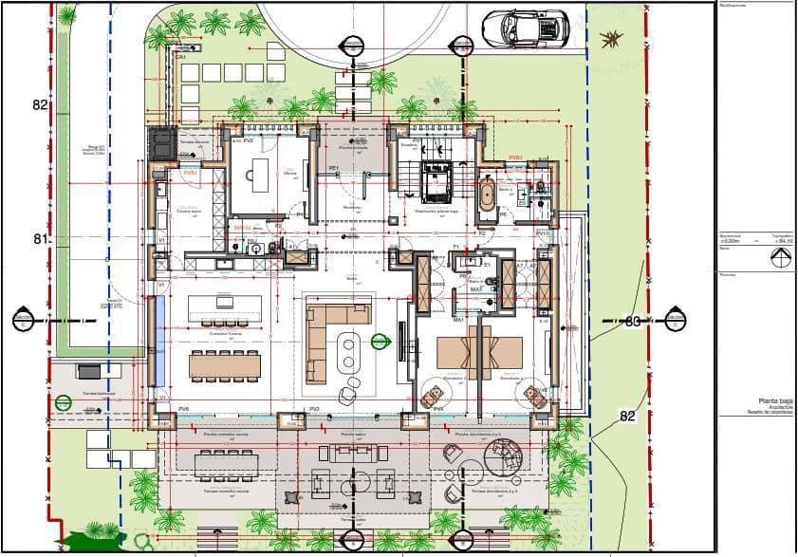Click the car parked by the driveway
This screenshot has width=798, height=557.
(525, 28)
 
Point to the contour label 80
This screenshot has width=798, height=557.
(633, 322)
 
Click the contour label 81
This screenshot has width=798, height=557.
(40, 239)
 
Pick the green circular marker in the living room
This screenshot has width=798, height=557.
(381, 341)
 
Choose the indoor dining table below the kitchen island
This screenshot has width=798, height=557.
(225, 364)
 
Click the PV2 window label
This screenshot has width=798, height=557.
(248, 140)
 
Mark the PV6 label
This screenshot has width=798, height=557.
(183, 409)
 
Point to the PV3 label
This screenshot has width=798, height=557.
(314, 409)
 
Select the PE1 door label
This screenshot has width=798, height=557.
(334, 168)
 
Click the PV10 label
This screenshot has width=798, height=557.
(543, 233)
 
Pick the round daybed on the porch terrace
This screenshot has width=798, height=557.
(505, 459)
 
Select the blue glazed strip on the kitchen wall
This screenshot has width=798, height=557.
(158, 327)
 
